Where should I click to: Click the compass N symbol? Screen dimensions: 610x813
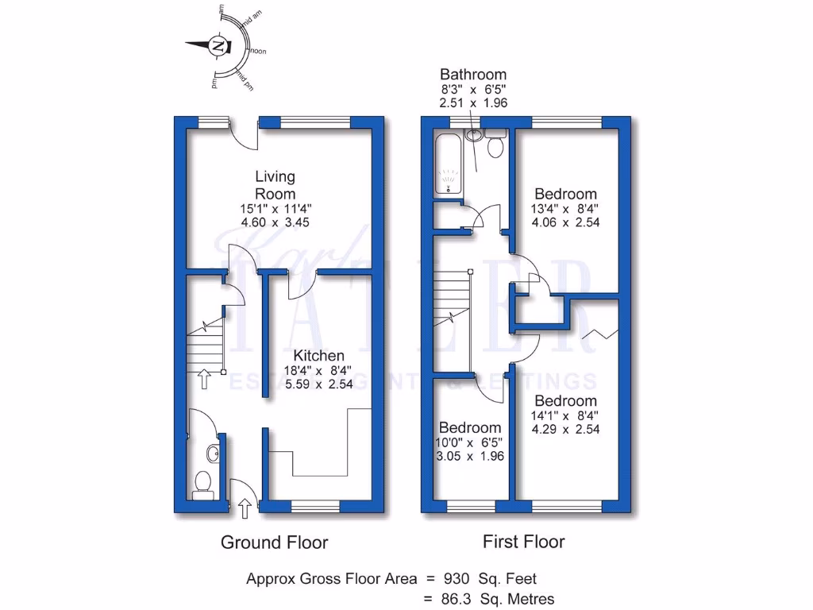[x=218, y=46]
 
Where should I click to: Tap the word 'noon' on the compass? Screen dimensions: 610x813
[x=258, y=52]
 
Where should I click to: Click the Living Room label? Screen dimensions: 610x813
[x=275, y=185]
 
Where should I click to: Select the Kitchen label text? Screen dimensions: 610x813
[x=319, y=356]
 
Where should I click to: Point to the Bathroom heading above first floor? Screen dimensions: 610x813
[x=473, y=75]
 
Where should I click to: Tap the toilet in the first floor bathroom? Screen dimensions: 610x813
[x=496, y=145]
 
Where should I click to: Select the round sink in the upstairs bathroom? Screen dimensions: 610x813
[x=475, y=135]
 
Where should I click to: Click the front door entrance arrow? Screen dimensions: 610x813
[x=244, y=504]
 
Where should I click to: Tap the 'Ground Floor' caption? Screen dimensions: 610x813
[x=274, y=543]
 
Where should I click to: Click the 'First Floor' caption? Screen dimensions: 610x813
[x=524, y=542]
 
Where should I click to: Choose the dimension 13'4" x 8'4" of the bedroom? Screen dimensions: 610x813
[x=565, y=209]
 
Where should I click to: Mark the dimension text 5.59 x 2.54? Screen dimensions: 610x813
[x=319, y=384]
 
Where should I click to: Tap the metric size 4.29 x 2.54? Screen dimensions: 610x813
[x=565, y=429]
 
